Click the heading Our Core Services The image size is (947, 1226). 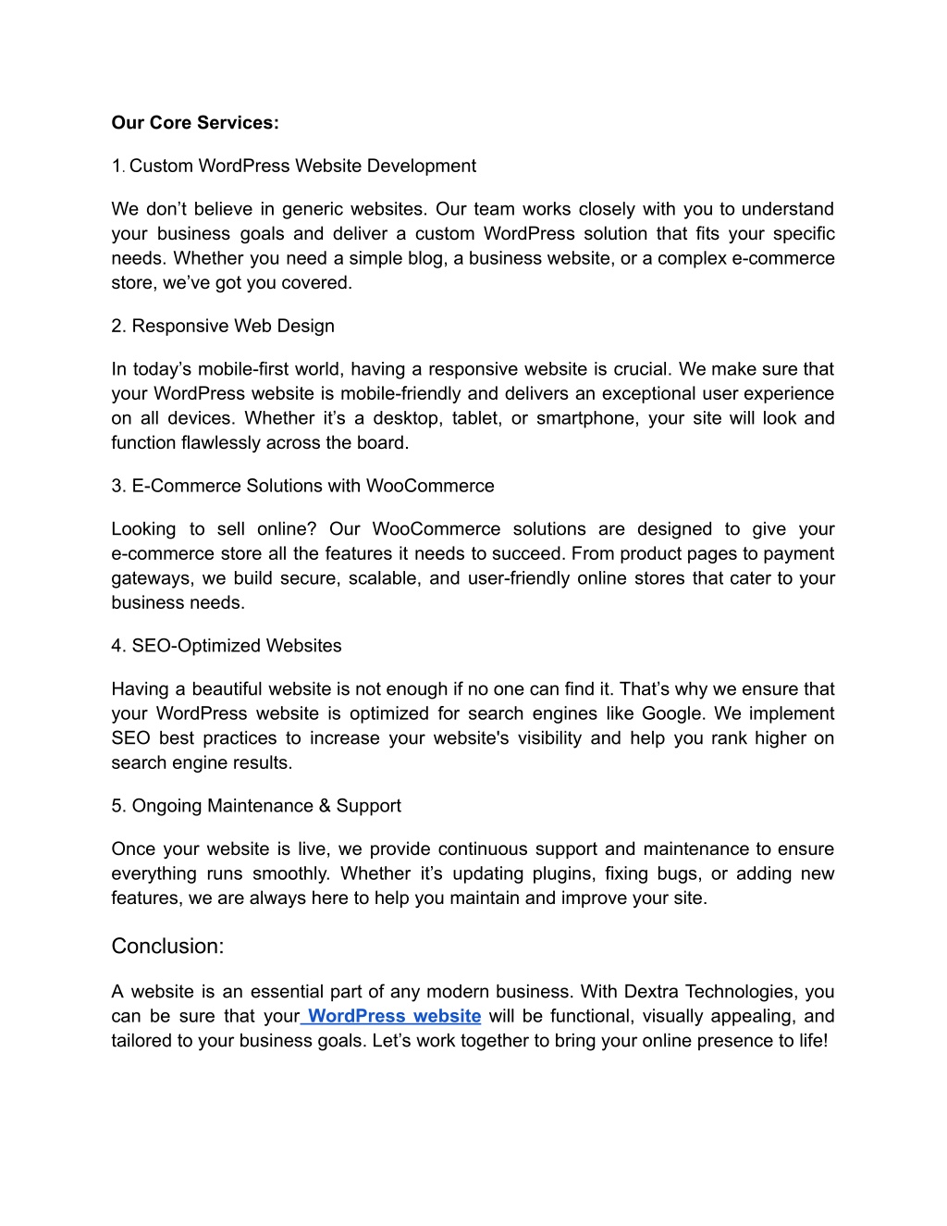click(x=194, y=123)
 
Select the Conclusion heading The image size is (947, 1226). click(x=167, y=947)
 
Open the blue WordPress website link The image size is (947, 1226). click(x=393, y=1016)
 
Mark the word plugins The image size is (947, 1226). click(x=565, y=873)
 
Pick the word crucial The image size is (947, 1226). click(x=625, y=369)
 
